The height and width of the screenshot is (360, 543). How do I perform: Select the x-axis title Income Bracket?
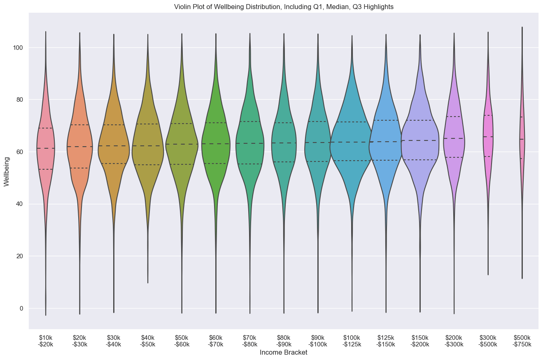284,353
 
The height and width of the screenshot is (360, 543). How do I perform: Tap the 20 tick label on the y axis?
20,256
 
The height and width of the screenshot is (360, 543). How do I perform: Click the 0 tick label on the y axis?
21,308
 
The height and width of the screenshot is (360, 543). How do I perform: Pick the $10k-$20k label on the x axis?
45,341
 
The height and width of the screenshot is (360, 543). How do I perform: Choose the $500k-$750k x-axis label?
522,341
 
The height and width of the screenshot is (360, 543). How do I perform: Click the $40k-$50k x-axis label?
148,341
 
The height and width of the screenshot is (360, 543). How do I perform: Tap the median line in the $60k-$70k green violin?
216,144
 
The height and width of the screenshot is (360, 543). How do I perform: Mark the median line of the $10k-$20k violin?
45,148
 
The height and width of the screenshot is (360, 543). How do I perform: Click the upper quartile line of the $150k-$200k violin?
420,120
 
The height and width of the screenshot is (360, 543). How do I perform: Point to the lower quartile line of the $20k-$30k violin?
79,168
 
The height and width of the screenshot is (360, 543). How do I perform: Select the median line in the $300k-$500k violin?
488,137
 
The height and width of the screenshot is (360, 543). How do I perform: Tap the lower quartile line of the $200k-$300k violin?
454,157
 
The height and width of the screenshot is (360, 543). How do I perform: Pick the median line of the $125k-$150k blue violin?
386,142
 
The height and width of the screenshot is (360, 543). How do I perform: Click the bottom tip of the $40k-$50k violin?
148,283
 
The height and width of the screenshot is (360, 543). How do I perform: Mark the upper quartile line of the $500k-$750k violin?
522,117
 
